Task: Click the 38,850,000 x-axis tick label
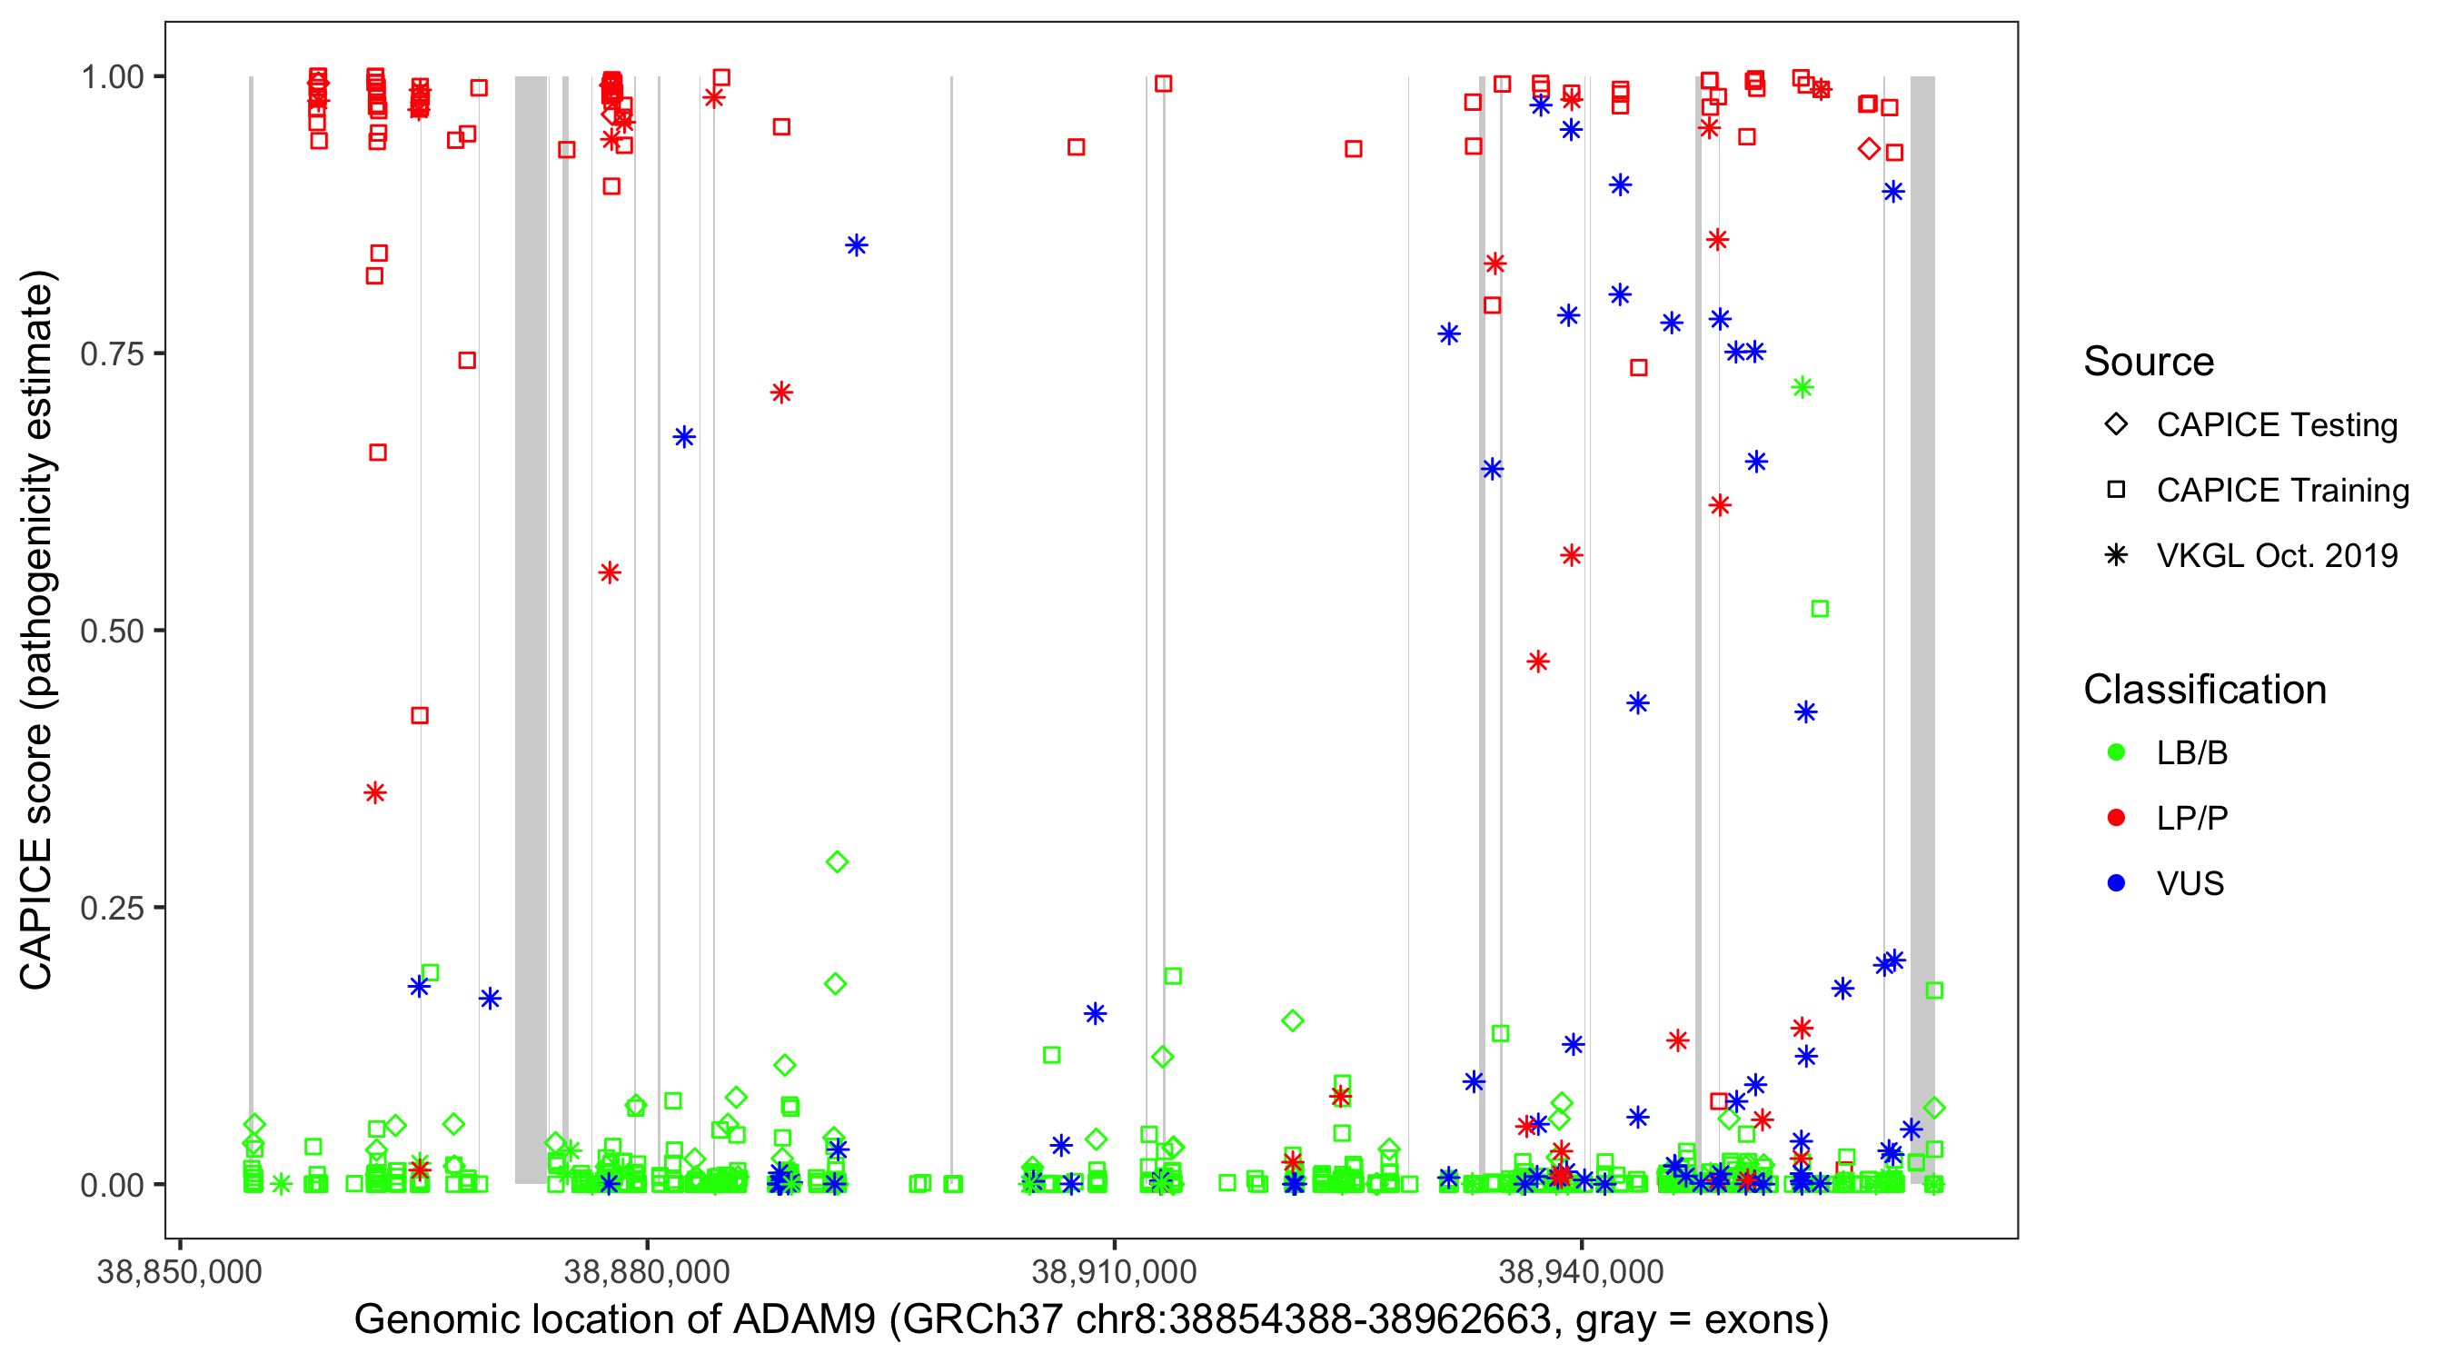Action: point(179,1271)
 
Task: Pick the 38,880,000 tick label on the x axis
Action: point(647,1271)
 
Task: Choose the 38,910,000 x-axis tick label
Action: point(1114,1271)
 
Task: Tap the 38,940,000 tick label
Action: point(1582,1271)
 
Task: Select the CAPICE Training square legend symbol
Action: point(2116,490)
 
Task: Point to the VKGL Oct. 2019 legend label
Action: point(2277,555)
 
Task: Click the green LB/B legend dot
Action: point(2116,752)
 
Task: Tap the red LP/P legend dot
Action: point(2116,818)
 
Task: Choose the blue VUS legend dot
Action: point(2116,883)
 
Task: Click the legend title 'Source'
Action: point(2149,362)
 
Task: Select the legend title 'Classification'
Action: point(2204,690)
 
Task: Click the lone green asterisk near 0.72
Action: point(1802,387)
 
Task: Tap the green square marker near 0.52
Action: point(1819,609)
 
